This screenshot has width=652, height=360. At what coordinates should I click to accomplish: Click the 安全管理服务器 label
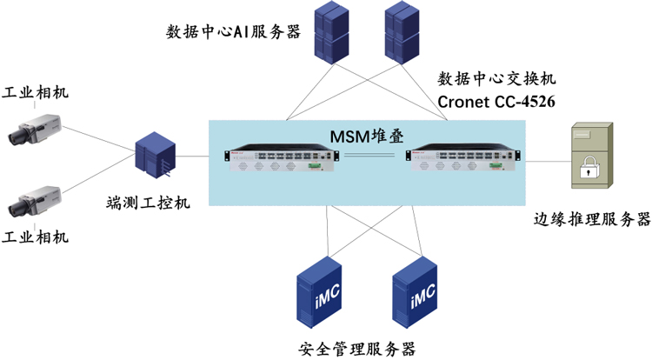tap(356, 349)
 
